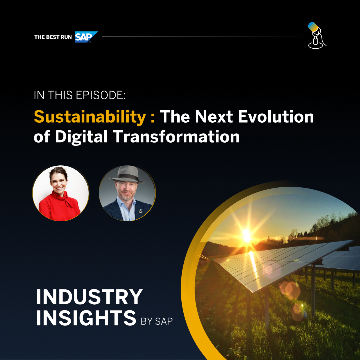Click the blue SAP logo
(86, 37)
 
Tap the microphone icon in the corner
(317, 35)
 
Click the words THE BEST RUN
(53, 37)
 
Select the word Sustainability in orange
(90, 117)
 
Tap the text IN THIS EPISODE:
(80, 95)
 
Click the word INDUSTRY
(89, 297)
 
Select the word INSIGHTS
(86, 318)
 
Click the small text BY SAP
(157, 321)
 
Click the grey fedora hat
(127, 175)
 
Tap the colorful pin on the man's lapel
(141, 211)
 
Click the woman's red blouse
(59, 207)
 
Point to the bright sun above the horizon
(247, 236)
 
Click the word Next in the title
(214, 117)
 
